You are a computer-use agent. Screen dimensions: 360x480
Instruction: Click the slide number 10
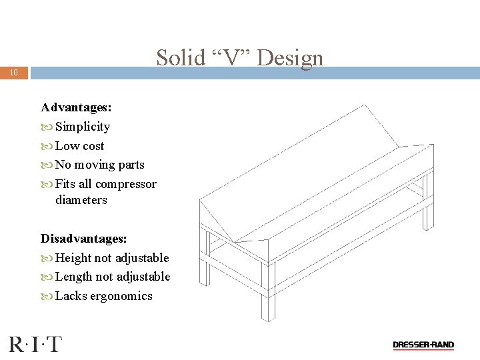(14, 72)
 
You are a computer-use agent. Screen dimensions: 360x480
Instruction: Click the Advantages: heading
(76, 107)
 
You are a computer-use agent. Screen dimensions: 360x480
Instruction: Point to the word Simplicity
(83, 127)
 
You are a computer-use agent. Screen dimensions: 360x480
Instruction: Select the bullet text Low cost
(80, 146)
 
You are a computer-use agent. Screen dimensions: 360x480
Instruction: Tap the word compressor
(126, 184)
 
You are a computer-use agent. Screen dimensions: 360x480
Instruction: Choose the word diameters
(81, 200)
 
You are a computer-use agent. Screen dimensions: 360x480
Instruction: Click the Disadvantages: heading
(84, 239)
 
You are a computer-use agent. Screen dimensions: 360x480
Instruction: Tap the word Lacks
(71, 296)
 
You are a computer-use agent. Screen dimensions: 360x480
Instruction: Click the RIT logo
(35, 344)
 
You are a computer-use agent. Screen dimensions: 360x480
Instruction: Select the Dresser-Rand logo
(423, 345)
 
